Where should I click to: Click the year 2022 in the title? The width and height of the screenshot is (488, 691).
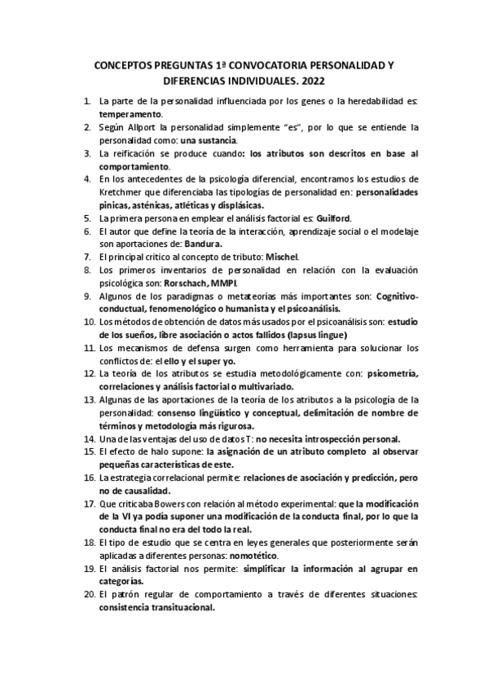click(313, 81)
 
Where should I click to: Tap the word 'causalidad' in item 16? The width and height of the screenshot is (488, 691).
click(142, 491)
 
